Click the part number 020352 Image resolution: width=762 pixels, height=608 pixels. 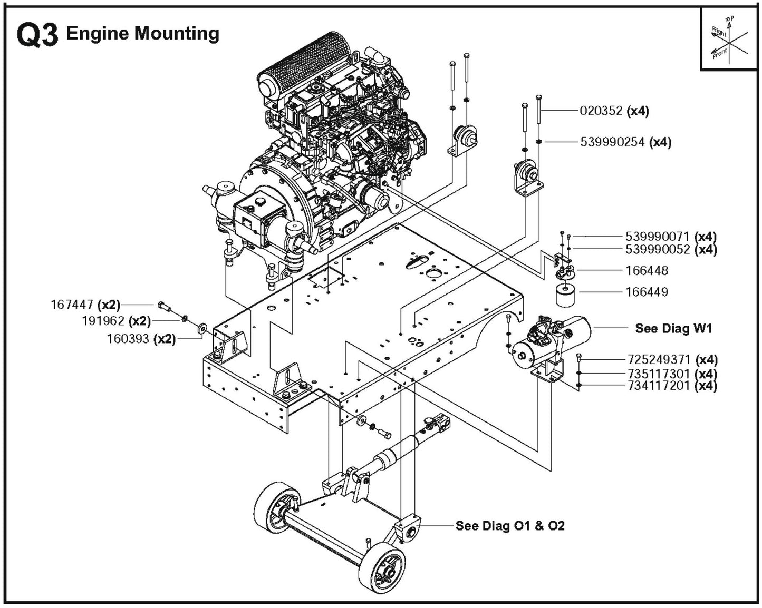602,111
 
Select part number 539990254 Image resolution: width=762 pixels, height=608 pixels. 614,142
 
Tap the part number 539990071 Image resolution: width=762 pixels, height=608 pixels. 657,237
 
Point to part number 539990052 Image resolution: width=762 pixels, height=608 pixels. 657,249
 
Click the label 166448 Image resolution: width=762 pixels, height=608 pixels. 647,271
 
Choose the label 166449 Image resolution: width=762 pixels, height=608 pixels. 647,292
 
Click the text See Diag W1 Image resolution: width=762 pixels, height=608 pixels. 673,329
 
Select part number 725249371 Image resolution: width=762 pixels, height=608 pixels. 659,360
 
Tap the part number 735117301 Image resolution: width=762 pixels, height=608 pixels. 659,374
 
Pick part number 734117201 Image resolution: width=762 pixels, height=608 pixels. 659,386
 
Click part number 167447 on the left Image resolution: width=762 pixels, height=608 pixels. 72,305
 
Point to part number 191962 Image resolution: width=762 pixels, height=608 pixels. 103,321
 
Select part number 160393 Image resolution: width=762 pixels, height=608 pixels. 128,339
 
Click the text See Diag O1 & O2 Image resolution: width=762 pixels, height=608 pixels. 509,526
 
